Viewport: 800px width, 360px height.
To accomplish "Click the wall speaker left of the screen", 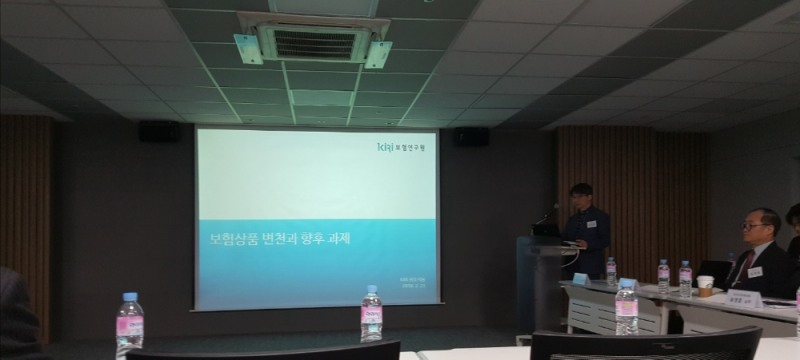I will [160, 131].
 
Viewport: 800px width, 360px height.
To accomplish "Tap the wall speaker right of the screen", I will [471, 136].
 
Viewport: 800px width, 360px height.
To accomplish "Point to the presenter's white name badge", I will [591, 223].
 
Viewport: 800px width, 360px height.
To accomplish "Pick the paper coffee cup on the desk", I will [705, 286].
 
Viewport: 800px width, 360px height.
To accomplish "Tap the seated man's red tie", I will [744, 265].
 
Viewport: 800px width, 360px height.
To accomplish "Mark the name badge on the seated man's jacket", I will [755, 272].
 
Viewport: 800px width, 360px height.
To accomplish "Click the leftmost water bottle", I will [129, 324].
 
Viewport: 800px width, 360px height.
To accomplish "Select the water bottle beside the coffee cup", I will [685, 277].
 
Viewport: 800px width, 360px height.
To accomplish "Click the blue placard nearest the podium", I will [580, 278].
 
